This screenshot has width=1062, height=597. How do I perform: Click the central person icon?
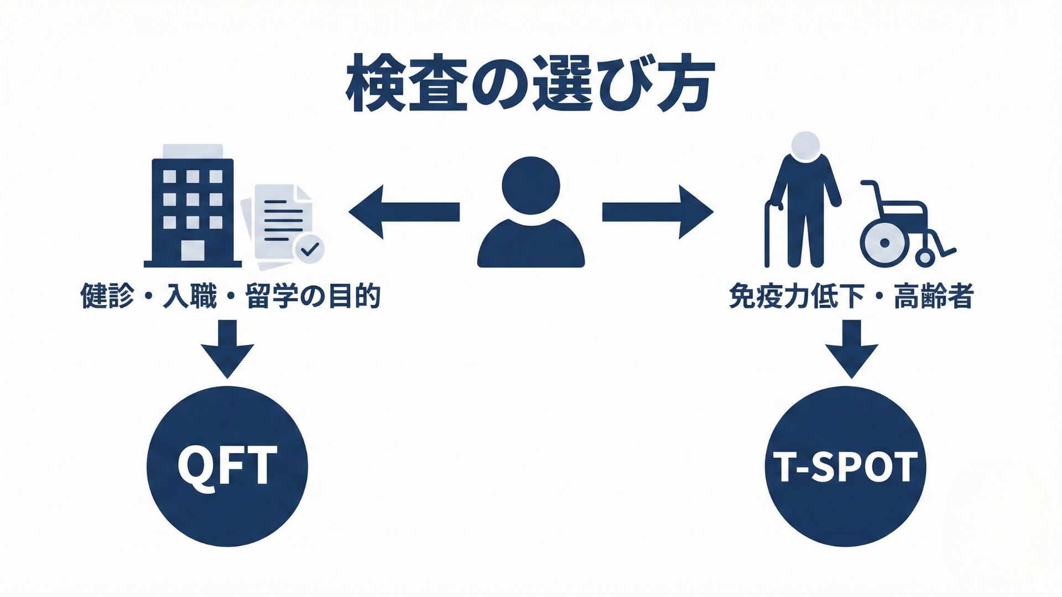click(x=530, y=213)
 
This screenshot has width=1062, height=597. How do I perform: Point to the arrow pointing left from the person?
click(x=404, y=212)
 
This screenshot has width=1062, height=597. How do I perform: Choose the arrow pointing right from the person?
click(x=657, y=212)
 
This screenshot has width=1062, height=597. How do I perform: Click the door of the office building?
click(x=192, y=250)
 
